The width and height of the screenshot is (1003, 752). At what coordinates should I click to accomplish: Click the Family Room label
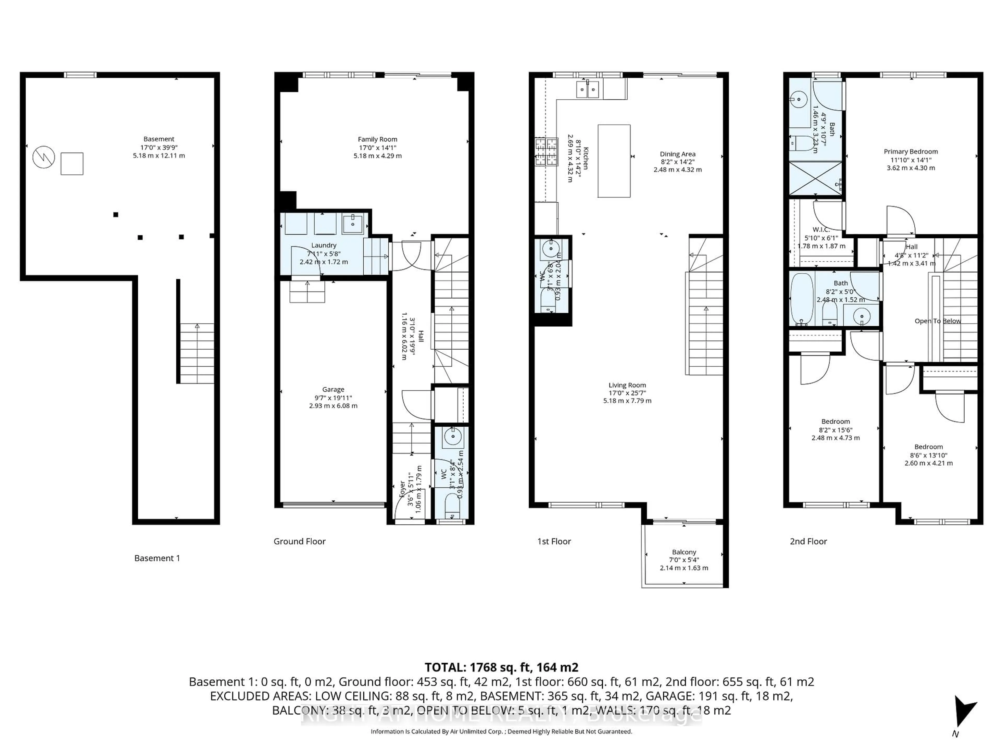point(377,139)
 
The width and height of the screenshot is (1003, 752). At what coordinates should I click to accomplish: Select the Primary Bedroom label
point(911,151)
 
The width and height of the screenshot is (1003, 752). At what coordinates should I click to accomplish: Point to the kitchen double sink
point(588,89)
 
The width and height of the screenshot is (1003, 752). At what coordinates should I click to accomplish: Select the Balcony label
point(684,552)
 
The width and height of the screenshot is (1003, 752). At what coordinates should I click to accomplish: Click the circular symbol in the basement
point(44,158)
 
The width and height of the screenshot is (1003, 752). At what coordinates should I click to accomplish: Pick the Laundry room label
point(323,245)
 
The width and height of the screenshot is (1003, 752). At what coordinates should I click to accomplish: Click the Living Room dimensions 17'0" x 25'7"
point(627,393)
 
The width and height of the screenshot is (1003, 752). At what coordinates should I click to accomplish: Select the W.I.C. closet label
point(821,229)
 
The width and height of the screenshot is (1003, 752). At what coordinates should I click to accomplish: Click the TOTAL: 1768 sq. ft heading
point(501,667)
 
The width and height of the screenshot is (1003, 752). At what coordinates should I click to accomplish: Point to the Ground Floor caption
point(299,541)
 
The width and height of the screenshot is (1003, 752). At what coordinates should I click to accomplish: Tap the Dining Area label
point(678,154)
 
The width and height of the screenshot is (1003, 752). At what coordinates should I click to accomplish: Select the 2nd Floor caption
point(808,541)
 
